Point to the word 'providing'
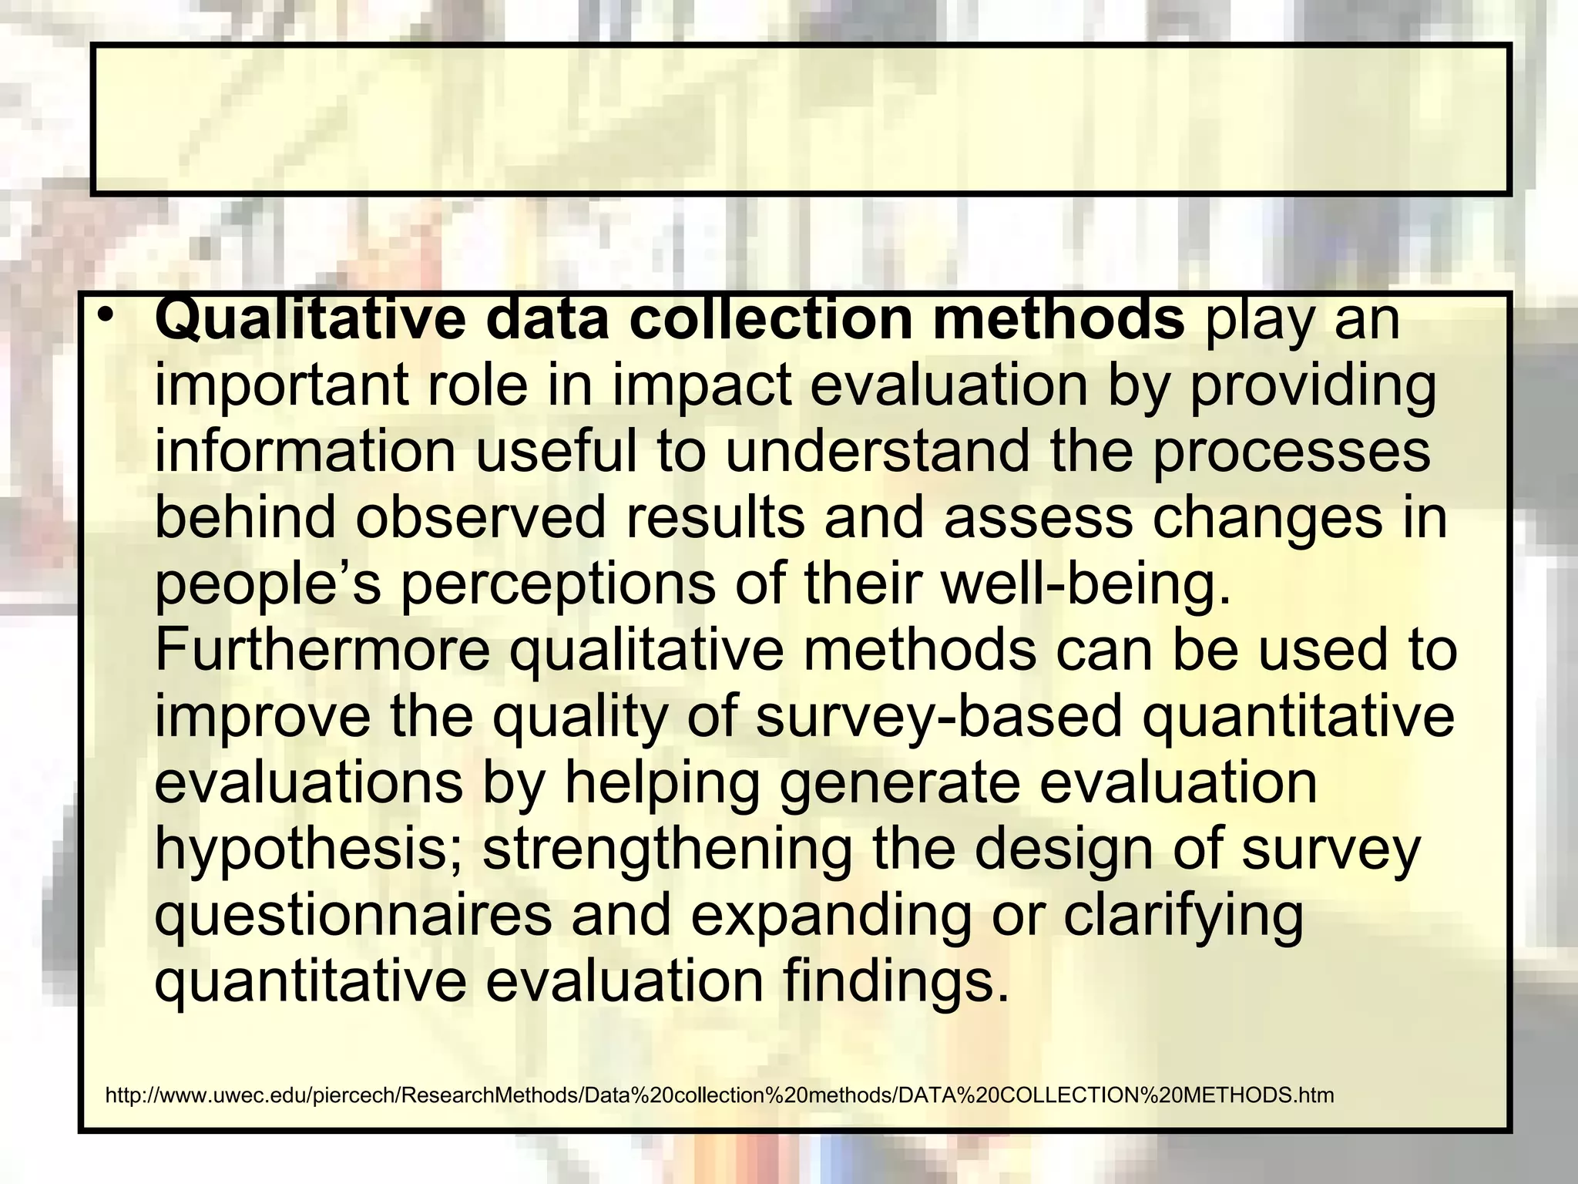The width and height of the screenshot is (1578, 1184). (1313, 385)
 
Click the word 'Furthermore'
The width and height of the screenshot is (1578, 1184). (323, 650)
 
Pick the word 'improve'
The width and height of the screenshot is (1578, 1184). (263, 717)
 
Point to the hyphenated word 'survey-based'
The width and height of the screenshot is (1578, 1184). (938, 717)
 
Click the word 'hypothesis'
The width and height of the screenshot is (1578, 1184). (311, 849)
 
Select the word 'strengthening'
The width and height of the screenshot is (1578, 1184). (666, 849)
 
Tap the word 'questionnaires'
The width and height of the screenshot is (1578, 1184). (354, 916)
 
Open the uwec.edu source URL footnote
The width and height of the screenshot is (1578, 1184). (719, 1095)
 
